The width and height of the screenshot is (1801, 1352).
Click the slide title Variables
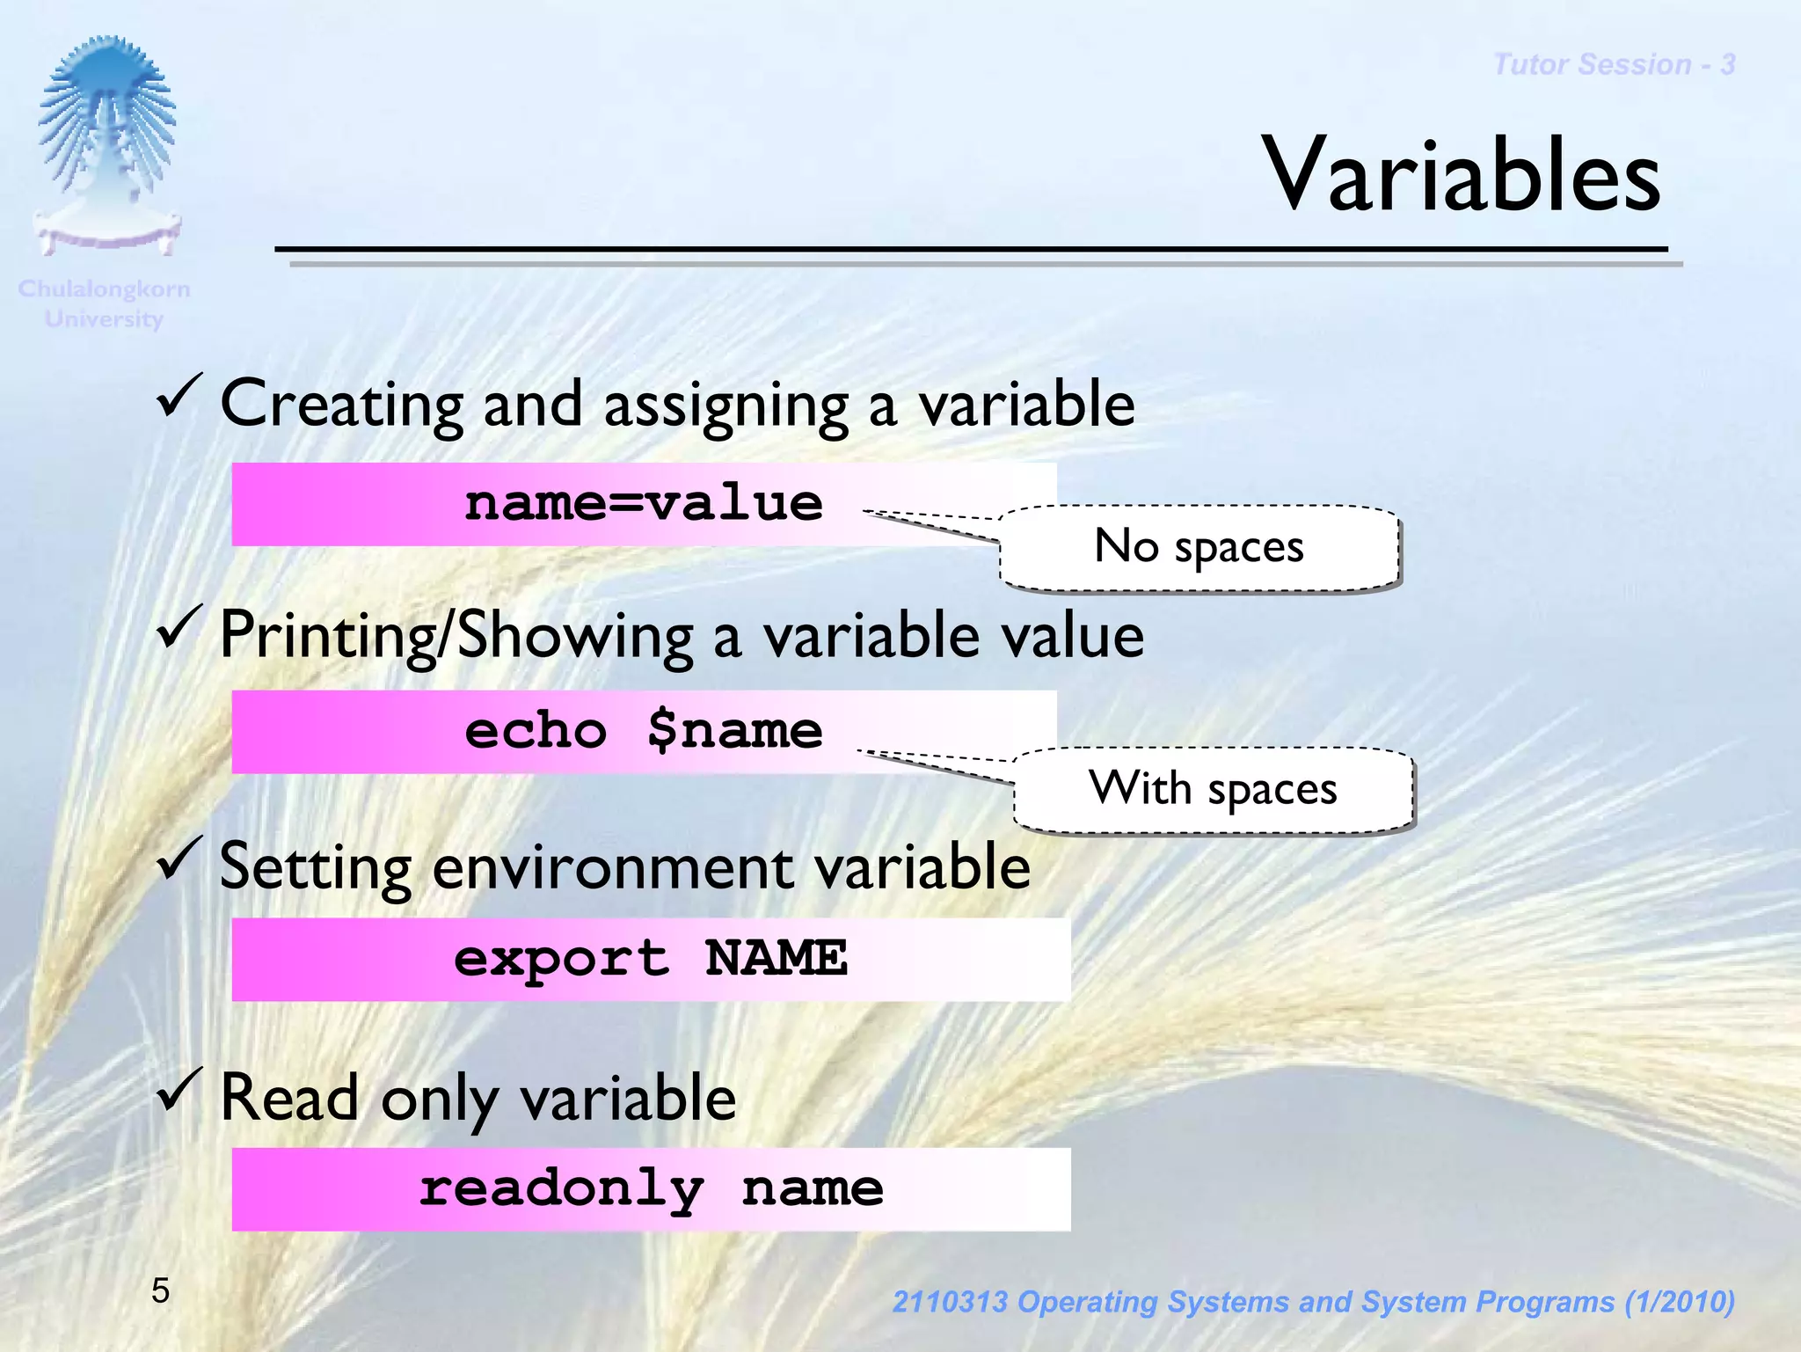pos(1461,176)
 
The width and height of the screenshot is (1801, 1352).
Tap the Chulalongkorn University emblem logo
pos(107,145)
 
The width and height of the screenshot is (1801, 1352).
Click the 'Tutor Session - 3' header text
pos(1614,64)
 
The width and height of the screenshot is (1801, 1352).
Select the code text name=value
pos(643,504)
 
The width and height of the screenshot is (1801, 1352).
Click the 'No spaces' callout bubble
pos(1199,547)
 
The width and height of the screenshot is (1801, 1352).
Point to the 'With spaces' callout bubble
pos(1213,788)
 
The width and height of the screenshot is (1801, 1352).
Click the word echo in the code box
pos(536,731)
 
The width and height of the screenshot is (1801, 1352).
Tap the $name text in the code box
pos(734,731)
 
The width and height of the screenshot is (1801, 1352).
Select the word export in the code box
pos(561,959)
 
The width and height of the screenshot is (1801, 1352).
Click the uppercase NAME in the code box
pos(776,958)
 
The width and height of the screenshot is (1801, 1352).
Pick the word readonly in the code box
pos(561,1189)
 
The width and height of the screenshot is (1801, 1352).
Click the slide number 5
pos(160,1290)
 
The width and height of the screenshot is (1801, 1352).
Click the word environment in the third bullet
pos(613,868)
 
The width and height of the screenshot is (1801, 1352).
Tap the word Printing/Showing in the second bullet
pos(456,636)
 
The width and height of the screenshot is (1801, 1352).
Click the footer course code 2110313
pos(949,1302)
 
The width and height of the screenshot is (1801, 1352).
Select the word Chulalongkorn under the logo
pos(104,289)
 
